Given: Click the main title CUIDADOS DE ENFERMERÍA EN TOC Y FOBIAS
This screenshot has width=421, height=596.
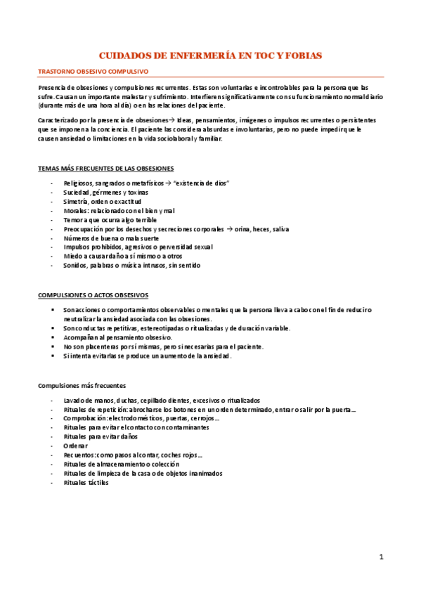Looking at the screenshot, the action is coord(210,55).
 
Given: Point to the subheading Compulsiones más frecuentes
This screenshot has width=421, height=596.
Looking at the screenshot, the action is coord(82,385).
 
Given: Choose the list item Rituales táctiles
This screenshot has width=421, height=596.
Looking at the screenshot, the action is coord(86,482).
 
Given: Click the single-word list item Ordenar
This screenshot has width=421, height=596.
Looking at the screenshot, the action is coord(75,446).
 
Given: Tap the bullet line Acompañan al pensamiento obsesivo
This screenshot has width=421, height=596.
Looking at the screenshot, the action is coord(117,337).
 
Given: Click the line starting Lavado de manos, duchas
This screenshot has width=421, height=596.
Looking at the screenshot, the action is coord(161,400).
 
